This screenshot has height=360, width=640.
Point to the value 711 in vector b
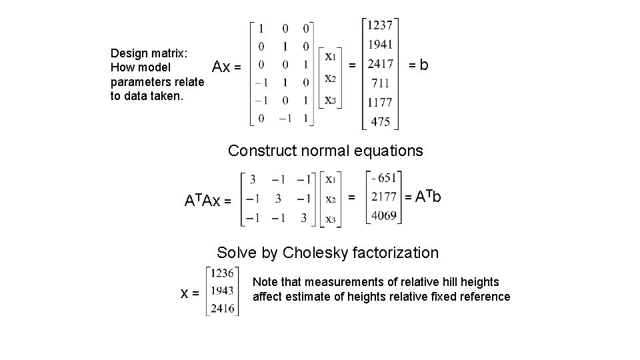click(x=381, y=83)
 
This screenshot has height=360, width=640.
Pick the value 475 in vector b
click(x=381, y=122)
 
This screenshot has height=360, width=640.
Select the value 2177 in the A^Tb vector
click(x=385, y=197)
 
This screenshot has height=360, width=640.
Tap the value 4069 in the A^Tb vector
click(x=385, y=215)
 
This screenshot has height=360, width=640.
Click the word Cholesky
click(x=311, y=253)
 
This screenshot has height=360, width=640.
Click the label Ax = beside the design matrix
click(x=227, y=67)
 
